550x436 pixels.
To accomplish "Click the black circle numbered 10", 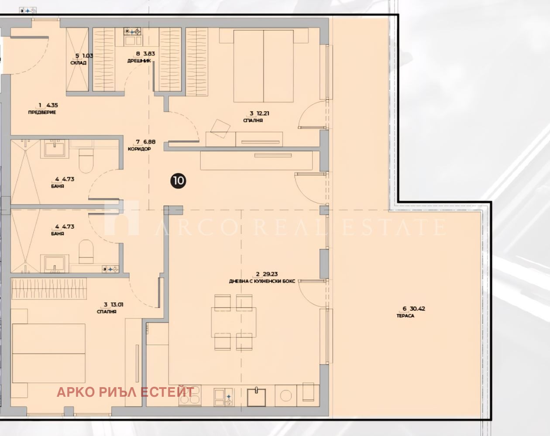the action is click(178, 181).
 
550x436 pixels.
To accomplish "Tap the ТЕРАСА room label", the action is click(406, 316).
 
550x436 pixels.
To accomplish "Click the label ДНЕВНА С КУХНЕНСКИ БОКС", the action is click(262, 281).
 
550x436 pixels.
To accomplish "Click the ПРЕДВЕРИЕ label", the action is click(42, 112).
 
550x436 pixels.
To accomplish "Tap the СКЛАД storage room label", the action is click(78, 63).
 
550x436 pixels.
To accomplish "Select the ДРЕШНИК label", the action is click(139, 61).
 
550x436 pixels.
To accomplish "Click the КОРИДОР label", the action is click(139, 149).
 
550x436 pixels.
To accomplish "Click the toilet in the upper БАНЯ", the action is click(86, 160).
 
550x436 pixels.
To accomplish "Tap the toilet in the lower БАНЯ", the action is click(86, 252).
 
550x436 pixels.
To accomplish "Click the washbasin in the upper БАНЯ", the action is click(55, 149).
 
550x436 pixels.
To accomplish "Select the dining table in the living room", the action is click(234, 322).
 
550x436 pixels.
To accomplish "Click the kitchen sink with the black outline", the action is click(256, 397).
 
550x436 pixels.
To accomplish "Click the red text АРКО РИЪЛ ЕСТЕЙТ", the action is click(125, 392).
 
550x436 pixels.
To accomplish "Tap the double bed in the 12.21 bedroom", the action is click(264, 66).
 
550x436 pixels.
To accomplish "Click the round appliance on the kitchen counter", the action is click(286, 395).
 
